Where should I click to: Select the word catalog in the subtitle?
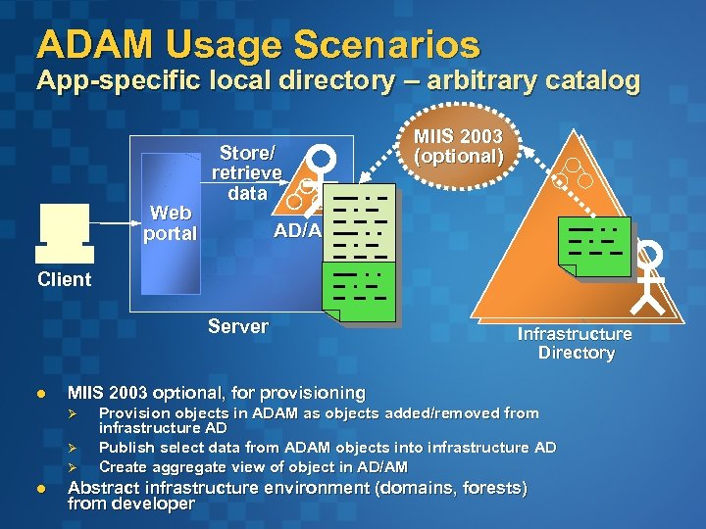click(584, 80)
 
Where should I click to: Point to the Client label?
click(64, 279)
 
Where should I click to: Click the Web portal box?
click(171, 223)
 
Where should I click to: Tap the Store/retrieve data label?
click(247, 172)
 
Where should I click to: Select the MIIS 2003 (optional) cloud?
click(459, 146)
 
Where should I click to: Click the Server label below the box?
click(237, 326)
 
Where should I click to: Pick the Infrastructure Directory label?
click(576, 343)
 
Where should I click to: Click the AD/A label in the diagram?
click(296, 230)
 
